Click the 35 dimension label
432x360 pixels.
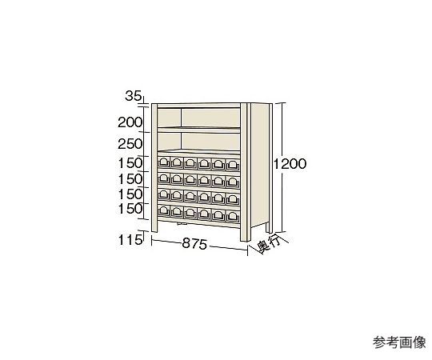(134, 97)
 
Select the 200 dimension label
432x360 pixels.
(130, 122)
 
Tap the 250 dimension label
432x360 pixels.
(130, 144)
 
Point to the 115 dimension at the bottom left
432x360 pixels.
(130, 241)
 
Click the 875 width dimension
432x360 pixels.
(194, 244)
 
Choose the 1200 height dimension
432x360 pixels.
(290, 164)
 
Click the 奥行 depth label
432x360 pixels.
(269, 245)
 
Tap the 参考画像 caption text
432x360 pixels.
(399, 342)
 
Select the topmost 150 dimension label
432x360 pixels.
(130, 163)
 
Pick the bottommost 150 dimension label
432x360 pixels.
(130, 209)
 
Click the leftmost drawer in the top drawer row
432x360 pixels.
(164, 162)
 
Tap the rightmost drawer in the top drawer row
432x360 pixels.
(233, 165)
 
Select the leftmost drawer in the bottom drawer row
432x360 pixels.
(164, 210)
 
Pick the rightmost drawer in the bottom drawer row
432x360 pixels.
(233, 217)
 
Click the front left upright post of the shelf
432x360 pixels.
(154, 168)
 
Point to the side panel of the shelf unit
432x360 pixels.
(259, 165)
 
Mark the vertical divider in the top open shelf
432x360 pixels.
(181, 118)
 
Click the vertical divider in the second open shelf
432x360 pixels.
(181, 142)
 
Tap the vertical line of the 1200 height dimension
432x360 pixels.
(282, 167)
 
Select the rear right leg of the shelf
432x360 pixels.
(269, 227)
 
